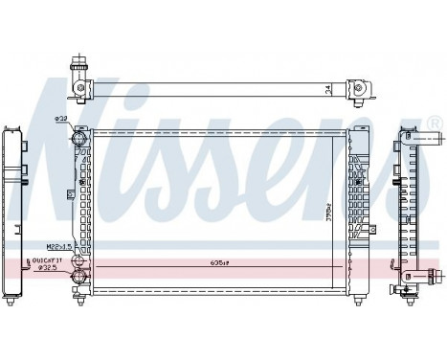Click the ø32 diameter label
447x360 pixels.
[x=61, y=119]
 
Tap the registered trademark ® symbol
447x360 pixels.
[x=433, y=122]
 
